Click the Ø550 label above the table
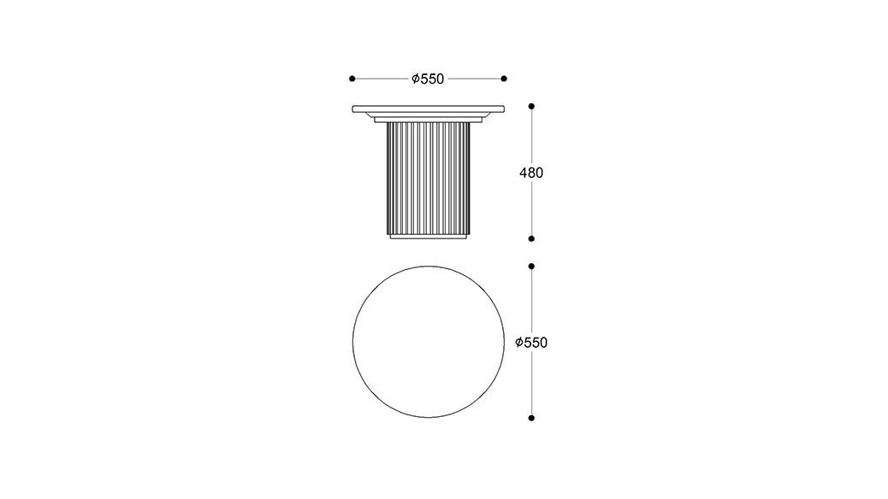(428, 79)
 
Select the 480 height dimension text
(531, 173)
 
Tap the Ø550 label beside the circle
(531, 343)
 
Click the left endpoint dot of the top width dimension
(352, 79)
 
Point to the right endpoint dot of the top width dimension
(504, 79)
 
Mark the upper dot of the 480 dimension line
(531, 106)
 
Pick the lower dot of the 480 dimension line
(531, 238)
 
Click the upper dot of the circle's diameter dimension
(531, 266)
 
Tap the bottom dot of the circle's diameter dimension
(531, 418)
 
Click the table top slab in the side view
(428, 109)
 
